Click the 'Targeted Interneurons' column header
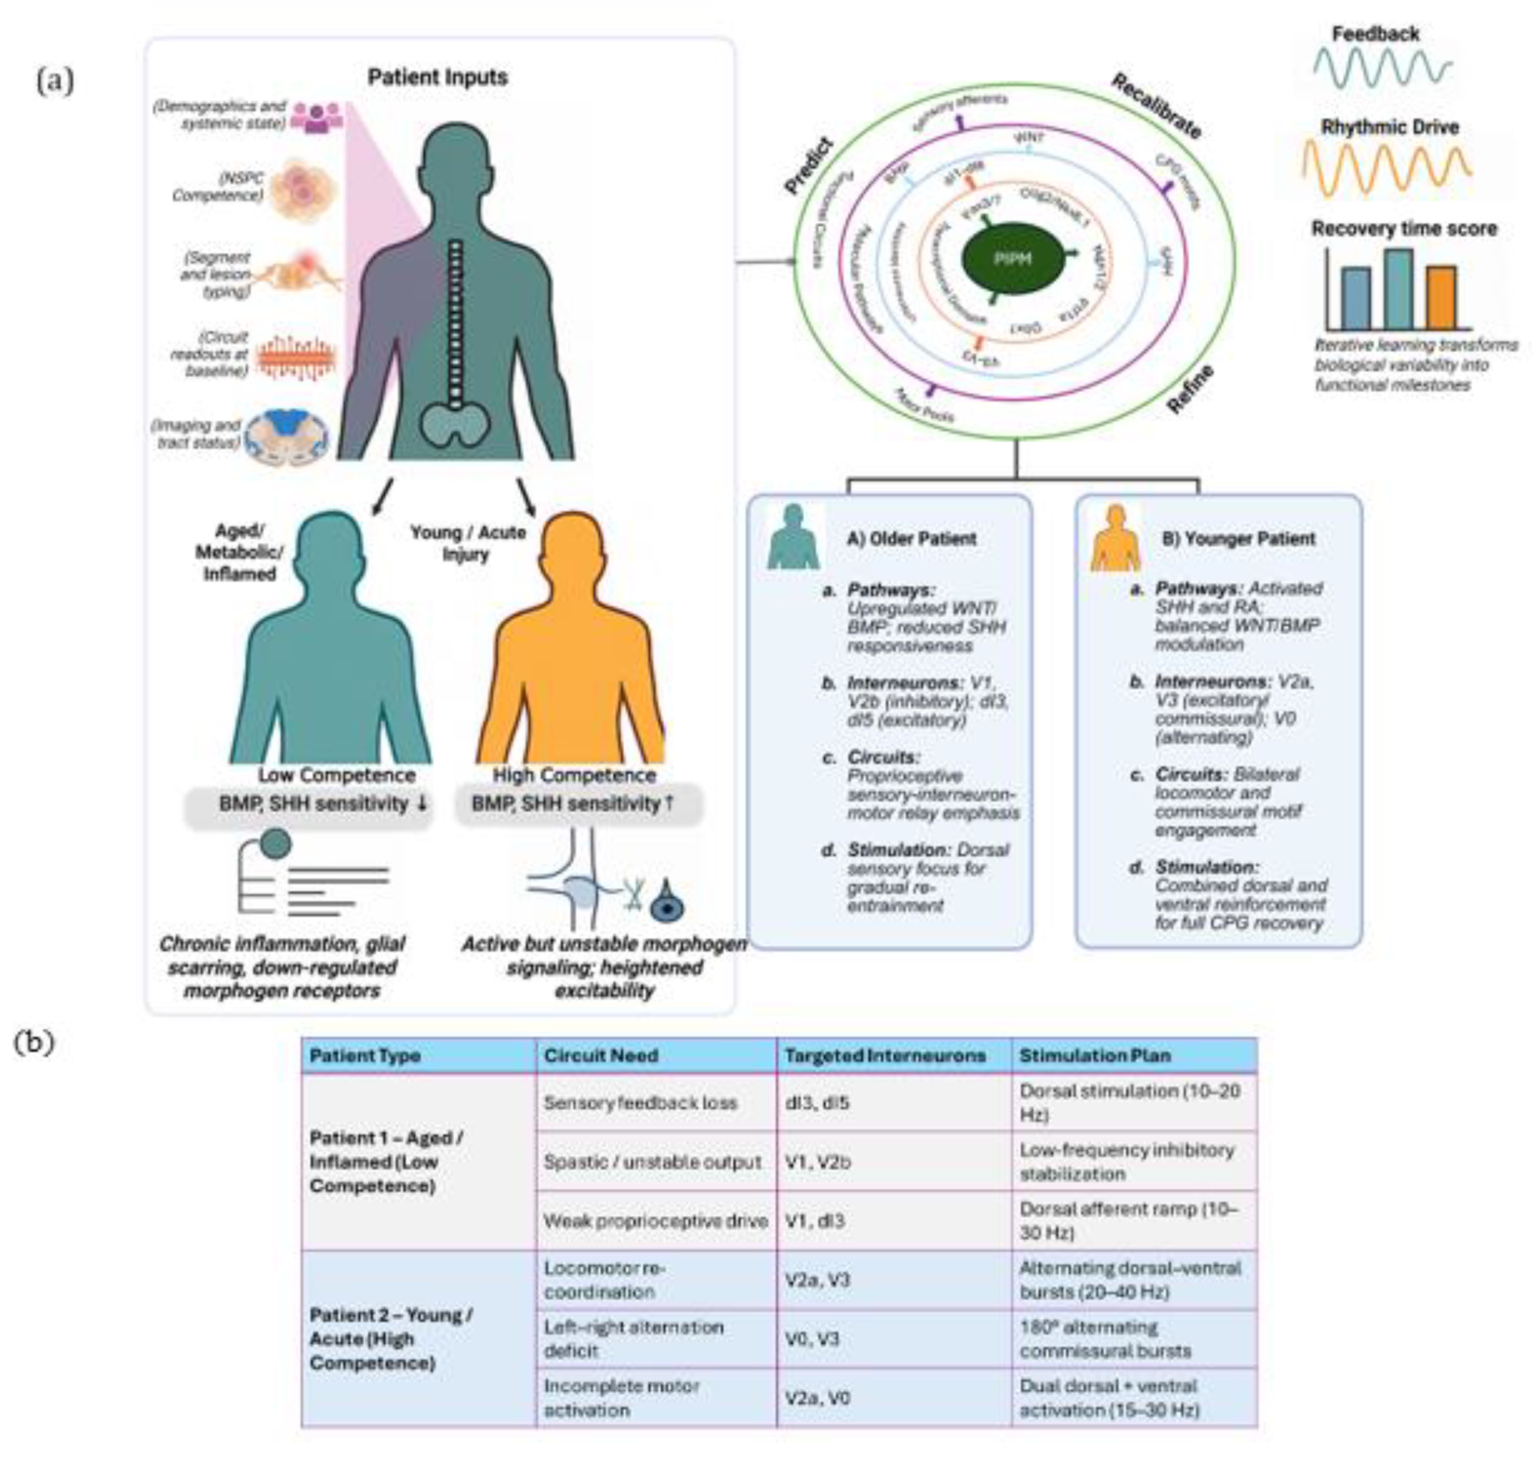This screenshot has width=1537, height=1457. (885, 1056)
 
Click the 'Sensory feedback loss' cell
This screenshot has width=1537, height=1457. (640, 1103)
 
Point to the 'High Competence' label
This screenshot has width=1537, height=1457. (574, 775)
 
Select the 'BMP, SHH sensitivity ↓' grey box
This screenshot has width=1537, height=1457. (308, 805)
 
